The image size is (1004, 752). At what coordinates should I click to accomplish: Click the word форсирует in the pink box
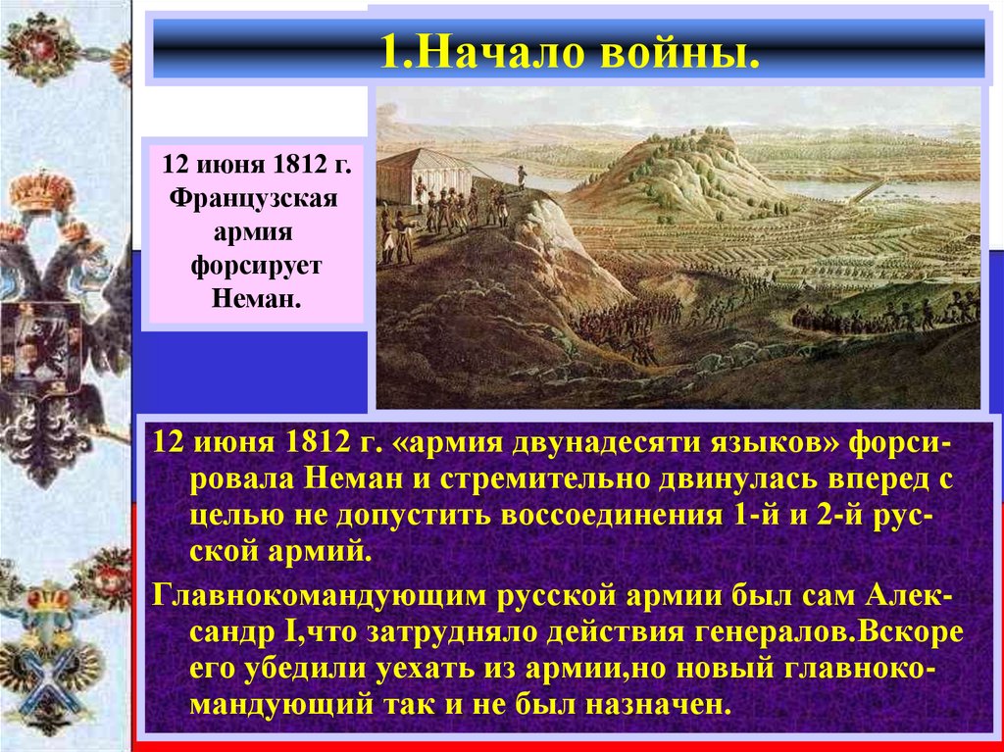tap(253, 267)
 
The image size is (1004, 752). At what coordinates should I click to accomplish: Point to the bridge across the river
tap(869, 188)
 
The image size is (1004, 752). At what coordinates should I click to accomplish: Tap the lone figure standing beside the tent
tap(521, 175)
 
